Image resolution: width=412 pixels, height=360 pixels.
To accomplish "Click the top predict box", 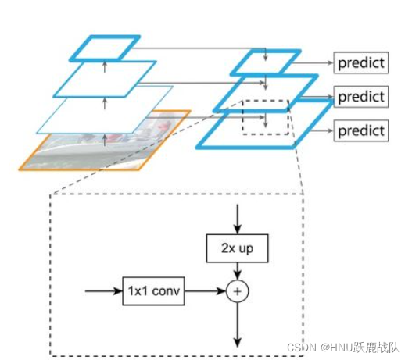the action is (360, 62).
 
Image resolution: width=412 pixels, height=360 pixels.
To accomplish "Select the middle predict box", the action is (360, 97).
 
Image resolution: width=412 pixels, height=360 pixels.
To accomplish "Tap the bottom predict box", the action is (360, 130).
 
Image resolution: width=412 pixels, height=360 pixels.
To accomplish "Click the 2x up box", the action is (237, 248).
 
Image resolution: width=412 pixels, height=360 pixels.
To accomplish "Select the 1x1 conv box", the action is (153, 291).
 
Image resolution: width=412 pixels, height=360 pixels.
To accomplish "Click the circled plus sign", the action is (237, 291).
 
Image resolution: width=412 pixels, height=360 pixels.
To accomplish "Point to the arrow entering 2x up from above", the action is (238, 219).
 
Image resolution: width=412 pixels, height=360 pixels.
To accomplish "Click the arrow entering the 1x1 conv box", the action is (104, 291).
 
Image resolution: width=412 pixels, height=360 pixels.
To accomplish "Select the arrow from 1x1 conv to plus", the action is (206, 291).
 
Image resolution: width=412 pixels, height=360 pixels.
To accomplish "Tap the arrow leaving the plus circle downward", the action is (238, 325).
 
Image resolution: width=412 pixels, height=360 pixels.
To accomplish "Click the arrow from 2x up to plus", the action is (238, 271).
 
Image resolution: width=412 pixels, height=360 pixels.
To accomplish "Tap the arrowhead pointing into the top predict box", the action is (331, 62).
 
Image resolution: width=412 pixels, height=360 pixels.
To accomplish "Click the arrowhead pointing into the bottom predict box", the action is (331, 130).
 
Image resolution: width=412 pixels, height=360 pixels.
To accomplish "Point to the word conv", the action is (166, 291).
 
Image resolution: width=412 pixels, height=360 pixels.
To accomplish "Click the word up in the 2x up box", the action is (246, 249).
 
